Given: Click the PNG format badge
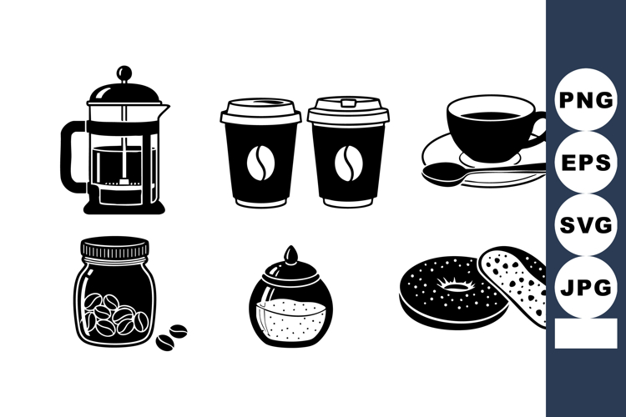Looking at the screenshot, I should coord(585,101).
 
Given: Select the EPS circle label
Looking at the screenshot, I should coord(585,163).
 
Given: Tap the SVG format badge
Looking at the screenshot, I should coord(585,226).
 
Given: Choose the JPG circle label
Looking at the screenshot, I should coord(585,289).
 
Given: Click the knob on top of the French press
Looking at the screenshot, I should coord(124,72).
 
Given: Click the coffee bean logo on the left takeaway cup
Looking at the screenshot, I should coord(259,162).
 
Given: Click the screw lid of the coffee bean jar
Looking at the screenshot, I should coord(114,248).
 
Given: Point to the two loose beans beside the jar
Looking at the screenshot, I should coord(172,335).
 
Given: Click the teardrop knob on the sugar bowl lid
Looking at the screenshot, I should coord(289,254).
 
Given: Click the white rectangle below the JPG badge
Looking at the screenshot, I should coord(585,334).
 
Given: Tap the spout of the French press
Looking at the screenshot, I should coord(164,108).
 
